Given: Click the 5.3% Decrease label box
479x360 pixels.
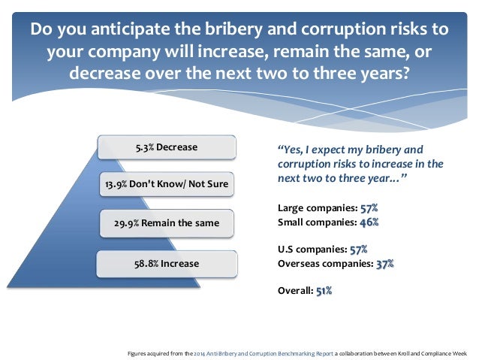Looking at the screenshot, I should click(167, 147).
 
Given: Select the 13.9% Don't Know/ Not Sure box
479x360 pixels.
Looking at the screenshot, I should click(167, 184).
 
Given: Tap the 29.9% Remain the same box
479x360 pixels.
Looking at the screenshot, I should click(167, 224).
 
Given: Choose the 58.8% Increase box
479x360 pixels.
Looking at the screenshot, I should click(167, 264).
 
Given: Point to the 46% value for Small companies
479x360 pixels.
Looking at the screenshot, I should click(369, 222).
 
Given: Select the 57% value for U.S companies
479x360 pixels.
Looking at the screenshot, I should click(359, 248).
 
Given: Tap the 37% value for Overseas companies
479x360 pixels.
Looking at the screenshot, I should click(384, 263).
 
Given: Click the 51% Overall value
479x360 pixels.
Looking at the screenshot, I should click(324, 290).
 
